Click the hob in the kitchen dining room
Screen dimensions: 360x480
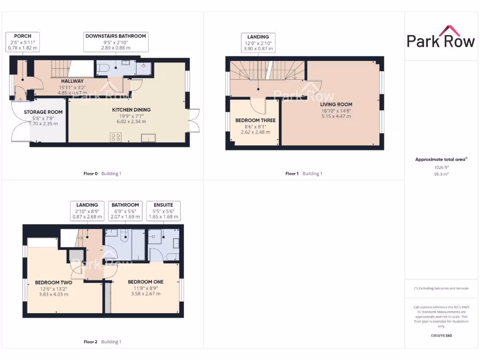115,137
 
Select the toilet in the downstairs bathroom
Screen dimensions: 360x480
104,68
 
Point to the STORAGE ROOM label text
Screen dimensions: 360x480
43,112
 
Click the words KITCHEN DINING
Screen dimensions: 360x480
131,110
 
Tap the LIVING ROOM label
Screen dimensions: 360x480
336,105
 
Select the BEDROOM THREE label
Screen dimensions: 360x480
255,120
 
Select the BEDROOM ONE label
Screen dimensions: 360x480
146,282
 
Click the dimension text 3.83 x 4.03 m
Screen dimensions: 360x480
54,294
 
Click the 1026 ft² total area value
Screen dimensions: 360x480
441,167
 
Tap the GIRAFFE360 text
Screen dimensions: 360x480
441,336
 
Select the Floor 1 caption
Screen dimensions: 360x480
292,173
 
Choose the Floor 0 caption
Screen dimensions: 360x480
90,173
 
